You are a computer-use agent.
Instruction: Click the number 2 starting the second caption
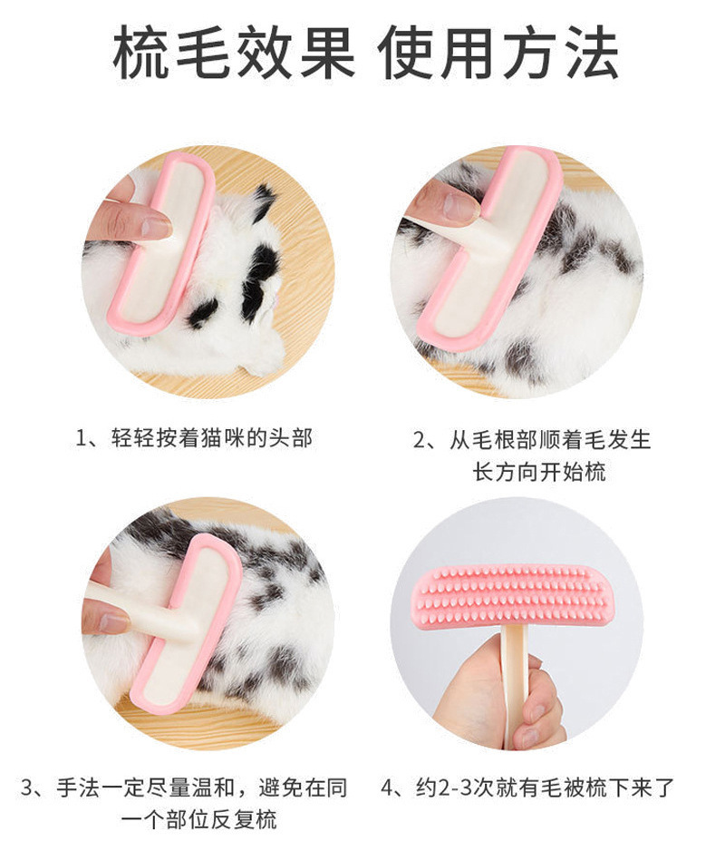(420, 440)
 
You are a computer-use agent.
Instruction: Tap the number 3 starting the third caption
(28, 787)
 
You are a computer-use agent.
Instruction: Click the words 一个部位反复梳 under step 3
(198, 821)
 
